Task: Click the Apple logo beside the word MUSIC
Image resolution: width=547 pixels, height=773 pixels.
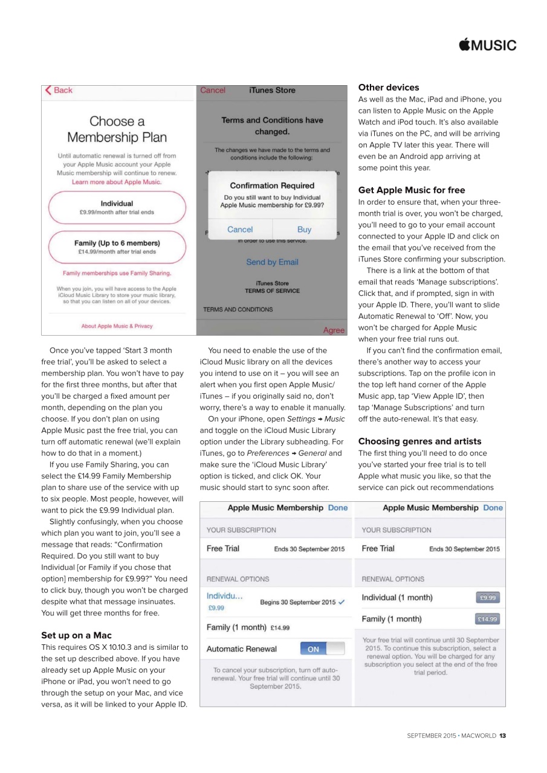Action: click(x=465, y=45)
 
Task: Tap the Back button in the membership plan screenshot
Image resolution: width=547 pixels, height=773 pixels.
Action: click(x=59, y=91)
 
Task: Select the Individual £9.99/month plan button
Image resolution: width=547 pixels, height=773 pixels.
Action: click(x=117, y=208)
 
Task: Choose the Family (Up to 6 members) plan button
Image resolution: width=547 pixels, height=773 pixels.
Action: click(x=117, y=247)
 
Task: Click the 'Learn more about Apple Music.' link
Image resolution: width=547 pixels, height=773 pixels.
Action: click(x=117, y=182)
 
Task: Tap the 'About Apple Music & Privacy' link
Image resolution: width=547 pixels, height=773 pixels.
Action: click(x=117, y=326)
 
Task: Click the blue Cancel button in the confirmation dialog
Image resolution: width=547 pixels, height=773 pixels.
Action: click(x=240, y=229)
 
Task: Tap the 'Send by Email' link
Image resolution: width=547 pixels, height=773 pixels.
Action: click(x=272, y=262)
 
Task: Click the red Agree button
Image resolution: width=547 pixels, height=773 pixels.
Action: click(x=334, y=330)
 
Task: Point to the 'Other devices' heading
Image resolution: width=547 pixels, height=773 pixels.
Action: click(x=389, y=88)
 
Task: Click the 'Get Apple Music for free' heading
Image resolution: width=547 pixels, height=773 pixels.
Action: click(x=412, y=190)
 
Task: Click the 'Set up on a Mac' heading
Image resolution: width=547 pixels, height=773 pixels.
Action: click(x=76, y=635)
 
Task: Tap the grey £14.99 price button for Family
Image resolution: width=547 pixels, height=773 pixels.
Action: click(x=487, y=619)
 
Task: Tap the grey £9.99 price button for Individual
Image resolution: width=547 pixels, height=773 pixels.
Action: click(x=487, y=598)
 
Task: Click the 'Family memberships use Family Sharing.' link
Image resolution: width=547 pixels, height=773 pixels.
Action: click(x=117, y=274)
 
